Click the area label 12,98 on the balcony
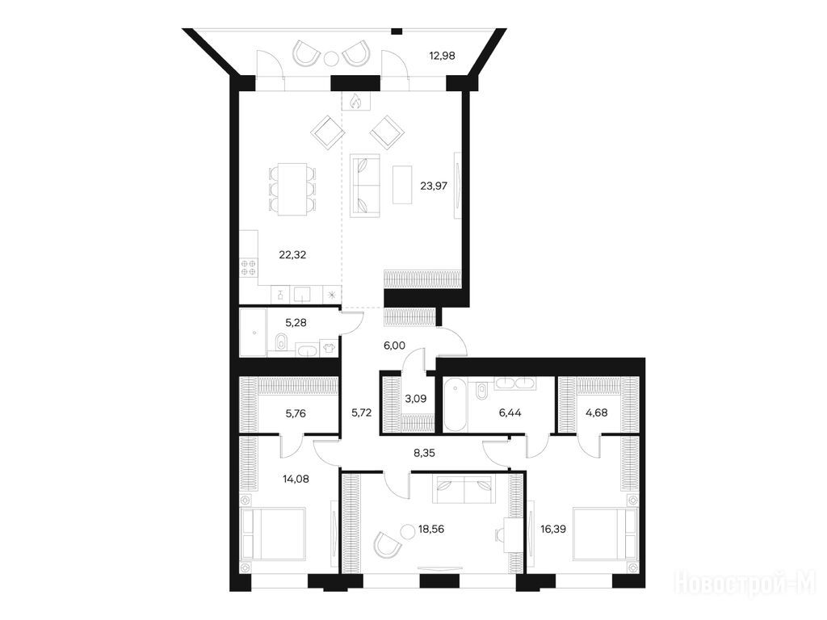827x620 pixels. coord(442,56)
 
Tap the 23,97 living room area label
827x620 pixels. coord(434,186)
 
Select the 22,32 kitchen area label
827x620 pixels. coord(292,255)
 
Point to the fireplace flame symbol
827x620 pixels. coord(356,101)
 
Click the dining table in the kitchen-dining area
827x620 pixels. coord(292,189)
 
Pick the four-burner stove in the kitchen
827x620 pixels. coord(249,267)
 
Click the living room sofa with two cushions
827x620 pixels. coord(365,185)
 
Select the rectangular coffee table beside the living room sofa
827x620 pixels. coord(402,185)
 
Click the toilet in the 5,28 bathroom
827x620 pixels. coord(280,341)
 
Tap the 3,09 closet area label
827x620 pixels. coord(416,399)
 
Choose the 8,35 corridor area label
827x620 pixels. coord(424,452)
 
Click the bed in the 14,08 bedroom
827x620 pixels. coord(272,540)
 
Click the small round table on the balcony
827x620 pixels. coord(330,58)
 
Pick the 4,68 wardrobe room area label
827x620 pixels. coord(597,413)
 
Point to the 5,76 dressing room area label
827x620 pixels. coord(296,414)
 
